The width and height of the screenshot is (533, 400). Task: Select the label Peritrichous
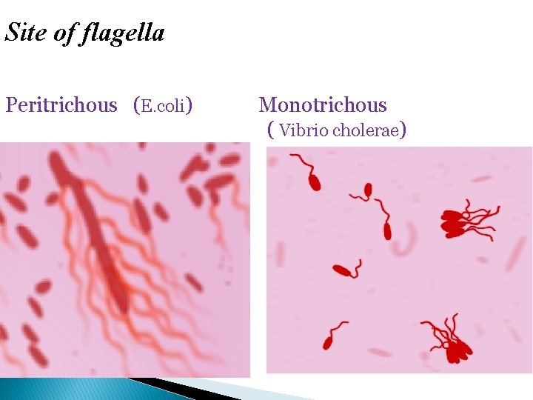click(x=61, y=105)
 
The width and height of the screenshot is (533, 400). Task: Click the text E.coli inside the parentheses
click(x=163, y=106)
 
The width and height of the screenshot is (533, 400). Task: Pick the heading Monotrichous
click(x=323, y=105)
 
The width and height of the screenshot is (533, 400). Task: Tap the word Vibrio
click(x=304, y=131)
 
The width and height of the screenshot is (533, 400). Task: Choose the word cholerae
click(x=365, y=131)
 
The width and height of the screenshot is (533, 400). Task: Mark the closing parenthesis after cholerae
click(x=403, y=131)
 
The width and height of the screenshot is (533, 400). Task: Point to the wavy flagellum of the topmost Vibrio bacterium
click(x=301, y=161)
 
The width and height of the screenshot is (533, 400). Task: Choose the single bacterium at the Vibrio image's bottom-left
click(x=328, y=341)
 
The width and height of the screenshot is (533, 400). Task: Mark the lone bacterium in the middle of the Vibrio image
click(x=342, y=270)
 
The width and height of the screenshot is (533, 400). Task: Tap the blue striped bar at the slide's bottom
click(x=59, y=389)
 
